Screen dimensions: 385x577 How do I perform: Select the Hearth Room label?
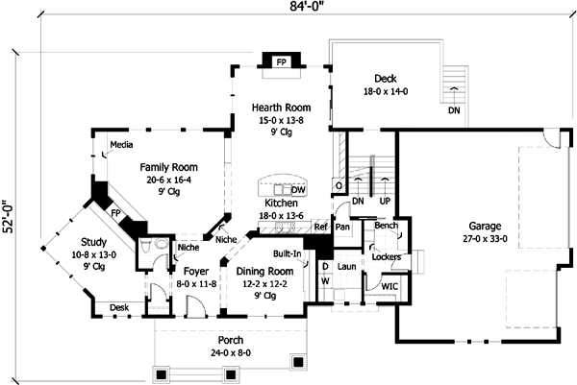pyautogui.click(x=280, y=108)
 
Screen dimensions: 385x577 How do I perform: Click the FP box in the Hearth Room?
pyautogui.click(x=282, y=62)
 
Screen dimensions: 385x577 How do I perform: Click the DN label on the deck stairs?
pyautogui.click(x=453, y=110)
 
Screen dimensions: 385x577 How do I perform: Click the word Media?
pyautogui.click(x=121, y=146)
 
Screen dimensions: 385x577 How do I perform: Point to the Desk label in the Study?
pyautogui.click(x=119, y=307)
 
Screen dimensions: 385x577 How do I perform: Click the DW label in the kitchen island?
pyautogui.click(x=298, y=190)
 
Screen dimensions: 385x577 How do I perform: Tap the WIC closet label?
pyautogui.click(x=389, y=285)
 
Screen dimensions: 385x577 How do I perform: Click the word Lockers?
pyautogui.click(x=386, y=257)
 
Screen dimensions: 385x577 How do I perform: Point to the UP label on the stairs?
pyautogui.click(x=384, y=203)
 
